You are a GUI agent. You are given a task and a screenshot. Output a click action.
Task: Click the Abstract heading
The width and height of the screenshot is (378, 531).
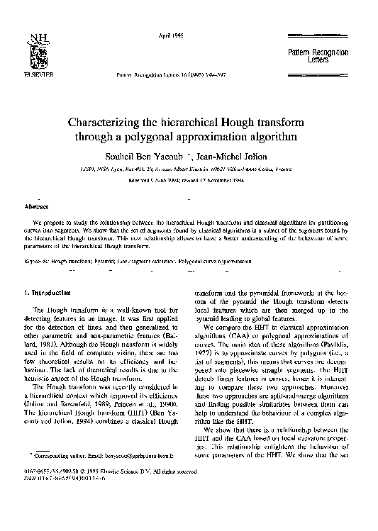coord(36,206)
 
